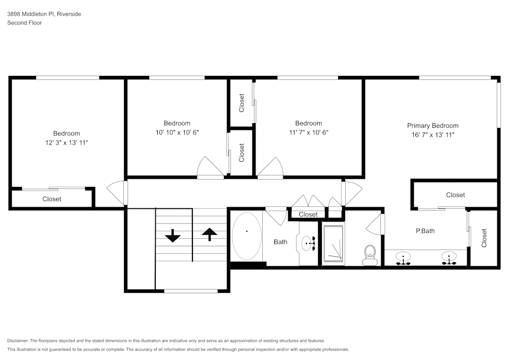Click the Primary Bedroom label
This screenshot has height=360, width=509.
[432, 126]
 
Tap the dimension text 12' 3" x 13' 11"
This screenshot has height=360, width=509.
[66, 143]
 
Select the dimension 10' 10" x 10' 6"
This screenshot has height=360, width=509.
[177, 132]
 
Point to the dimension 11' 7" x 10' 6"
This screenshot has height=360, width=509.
[308, 132]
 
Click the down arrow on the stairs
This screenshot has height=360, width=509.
[173, 236]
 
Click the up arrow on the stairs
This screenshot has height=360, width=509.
[209, 234]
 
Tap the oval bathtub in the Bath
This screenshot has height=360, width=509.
[247, 236]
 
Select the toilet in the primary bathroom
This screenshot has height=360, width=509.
[370, 255]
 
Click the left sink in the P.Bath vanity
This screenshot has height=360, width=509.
[403, 258]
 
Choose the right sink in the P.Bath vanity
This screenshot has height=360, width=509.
[448, 258]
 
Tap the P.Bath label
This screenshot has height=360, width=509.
[425, 231]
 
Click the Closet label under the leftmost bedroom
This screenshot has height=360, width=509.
[51, 199]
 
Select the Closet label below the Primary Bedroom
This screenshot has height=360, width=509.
[455, 195]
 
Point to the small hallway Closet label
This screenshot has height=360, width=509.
[308, 214]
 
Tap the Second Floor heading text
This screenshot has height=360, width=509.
[24, 23]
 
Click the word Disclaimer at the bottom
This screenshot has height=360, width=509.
[18, 341]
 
